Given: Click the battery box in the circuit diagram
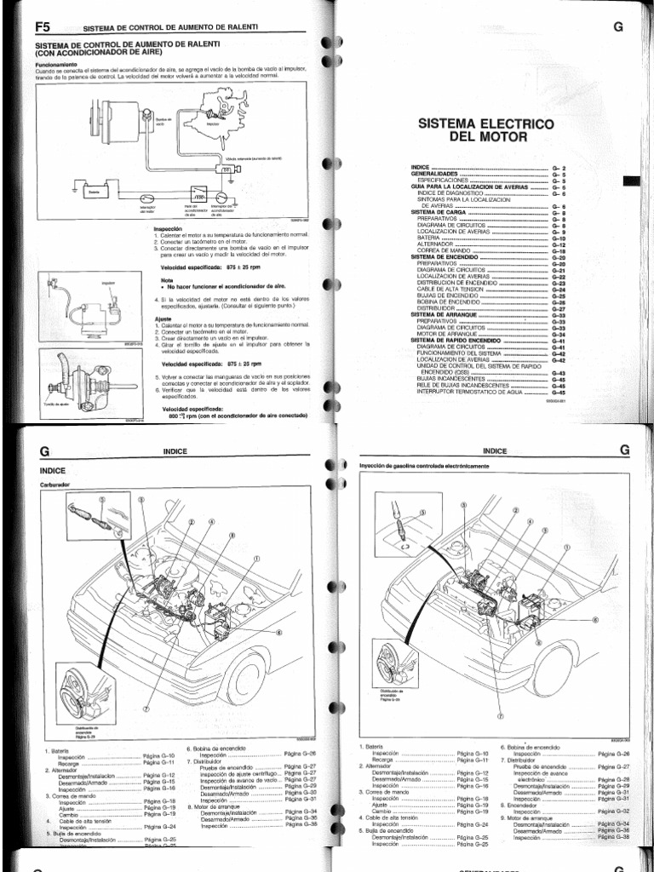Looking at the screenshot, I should (x=95, y=192).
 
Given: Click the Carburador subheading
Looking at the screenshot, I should (x=57, y=486).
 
